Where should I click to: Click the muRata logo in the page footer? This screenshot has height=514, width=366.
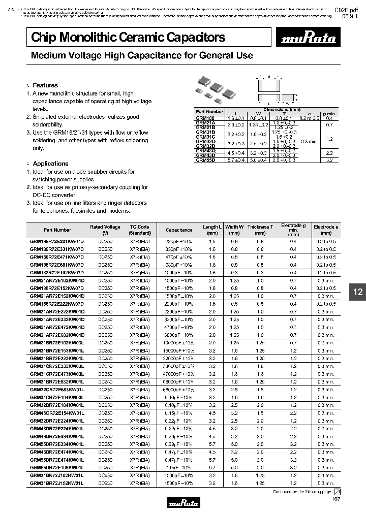183,505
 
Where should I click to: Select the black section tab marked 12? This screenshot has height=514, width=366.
358,292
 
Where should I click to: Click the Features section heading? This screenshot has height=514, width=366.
45,85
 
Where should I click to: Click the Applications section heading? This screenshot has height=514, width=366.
50,164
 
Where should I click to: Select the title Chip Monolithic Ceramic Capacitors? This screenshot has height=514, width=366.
128,37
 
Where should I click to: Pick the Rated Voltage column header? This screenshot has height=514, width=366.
105,230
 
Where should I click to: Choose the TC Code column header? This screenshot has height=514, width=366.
139,230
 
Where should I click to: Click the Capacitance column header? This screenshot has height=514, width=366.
179,230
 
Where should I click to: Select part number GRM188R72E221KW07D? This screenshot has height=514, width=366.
57,241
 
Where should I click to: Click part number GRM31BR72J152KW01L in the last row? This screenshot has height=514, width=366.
57,483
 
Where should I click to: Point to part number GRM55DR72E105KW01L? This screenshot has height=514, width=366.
57,467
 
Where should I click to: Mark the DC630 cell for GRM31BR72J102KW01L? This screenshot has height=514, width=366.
105,475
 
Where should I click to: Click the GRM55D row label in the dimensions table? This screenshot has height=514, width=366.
206,160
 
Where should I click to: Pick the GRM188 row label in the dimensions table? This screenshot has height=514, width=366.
206,118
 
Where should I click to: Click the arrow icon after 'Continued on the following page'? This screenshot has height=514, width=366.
337,492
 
